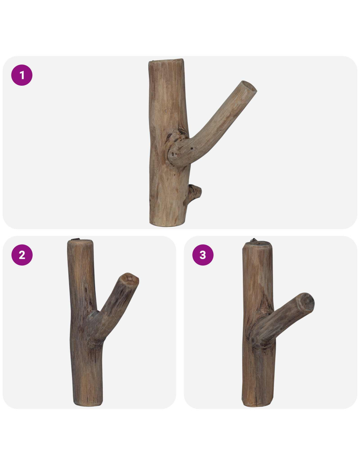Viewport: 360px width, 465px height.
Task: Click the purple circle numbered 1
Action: [x=22, y=75]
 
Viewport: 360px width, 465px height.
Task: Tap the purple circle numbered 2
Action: [x=22, y=255]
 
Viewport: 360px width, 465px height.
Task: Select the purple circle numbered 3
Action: [x=203, y=255]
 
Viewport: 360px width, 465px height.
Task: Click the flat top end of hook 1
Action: [x=166, y=61]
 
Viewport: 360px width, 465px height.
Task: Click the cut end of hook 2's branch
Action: [x=130, y=280]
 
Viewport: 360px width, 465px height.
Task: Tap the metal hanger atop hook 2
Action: [x=75, y=240]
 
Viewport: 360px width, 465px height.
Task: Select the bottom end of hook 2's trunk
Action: [x=88, y=404]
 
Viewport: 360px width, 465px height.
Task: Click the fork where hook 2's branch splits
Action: [x=98, y=312]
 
